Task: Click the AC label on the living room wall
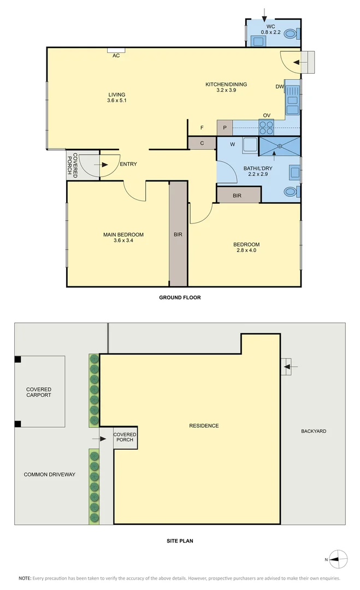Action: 116,56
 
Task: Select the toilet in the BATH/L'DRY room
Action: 291,192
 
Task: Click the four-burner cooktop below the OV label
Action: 266,127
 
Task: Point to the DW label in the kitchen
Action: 279,87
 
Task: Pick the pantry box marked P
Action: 225,128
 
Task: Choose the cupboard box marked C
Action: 202,143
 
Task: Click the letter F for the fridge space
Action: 202,128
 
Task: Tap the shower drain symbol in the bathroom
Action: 279,146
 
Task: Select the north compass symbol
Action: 339,558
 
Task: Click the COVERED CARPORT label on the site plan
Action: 39,392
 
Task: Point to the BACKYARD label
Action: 314,431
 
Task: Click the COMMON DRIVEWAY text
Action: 50,474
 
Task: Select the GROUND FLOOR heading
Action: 180,298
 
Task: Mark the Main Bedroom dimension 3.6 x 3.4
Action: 123,240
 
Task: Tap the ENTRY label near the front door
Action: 128,164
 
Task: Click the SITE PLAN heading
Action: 180,541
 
